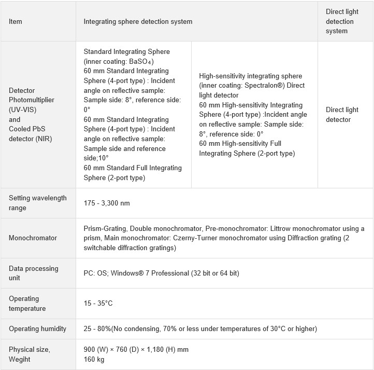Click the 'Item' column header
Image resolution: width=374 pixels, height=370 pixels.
coord(16,22)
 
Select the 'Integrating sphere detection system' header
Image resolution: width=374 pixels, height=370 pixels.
coord(138,22)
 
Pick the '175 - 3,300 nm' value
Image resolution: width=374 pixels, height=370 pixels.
coord(107,203)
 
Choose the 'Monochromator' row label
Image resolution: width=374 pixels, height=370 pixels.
coord(33,238)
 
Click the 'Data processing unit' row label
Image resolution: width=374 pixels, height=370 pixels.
coord(34,273)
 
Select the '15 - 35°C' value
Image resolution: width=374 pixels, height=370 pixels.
coord(98,303)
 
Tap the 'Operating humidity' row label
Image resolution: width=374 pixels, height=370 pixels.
coord(38,328)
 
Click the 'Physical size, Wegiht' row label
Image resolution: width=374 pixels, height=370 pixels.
coord(30,354)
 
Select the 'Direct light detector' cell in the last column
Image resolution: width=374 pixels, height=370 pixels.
coord(342,115)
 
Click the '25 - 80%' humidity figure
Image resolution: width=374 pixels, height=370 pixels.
coord(98,328)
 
